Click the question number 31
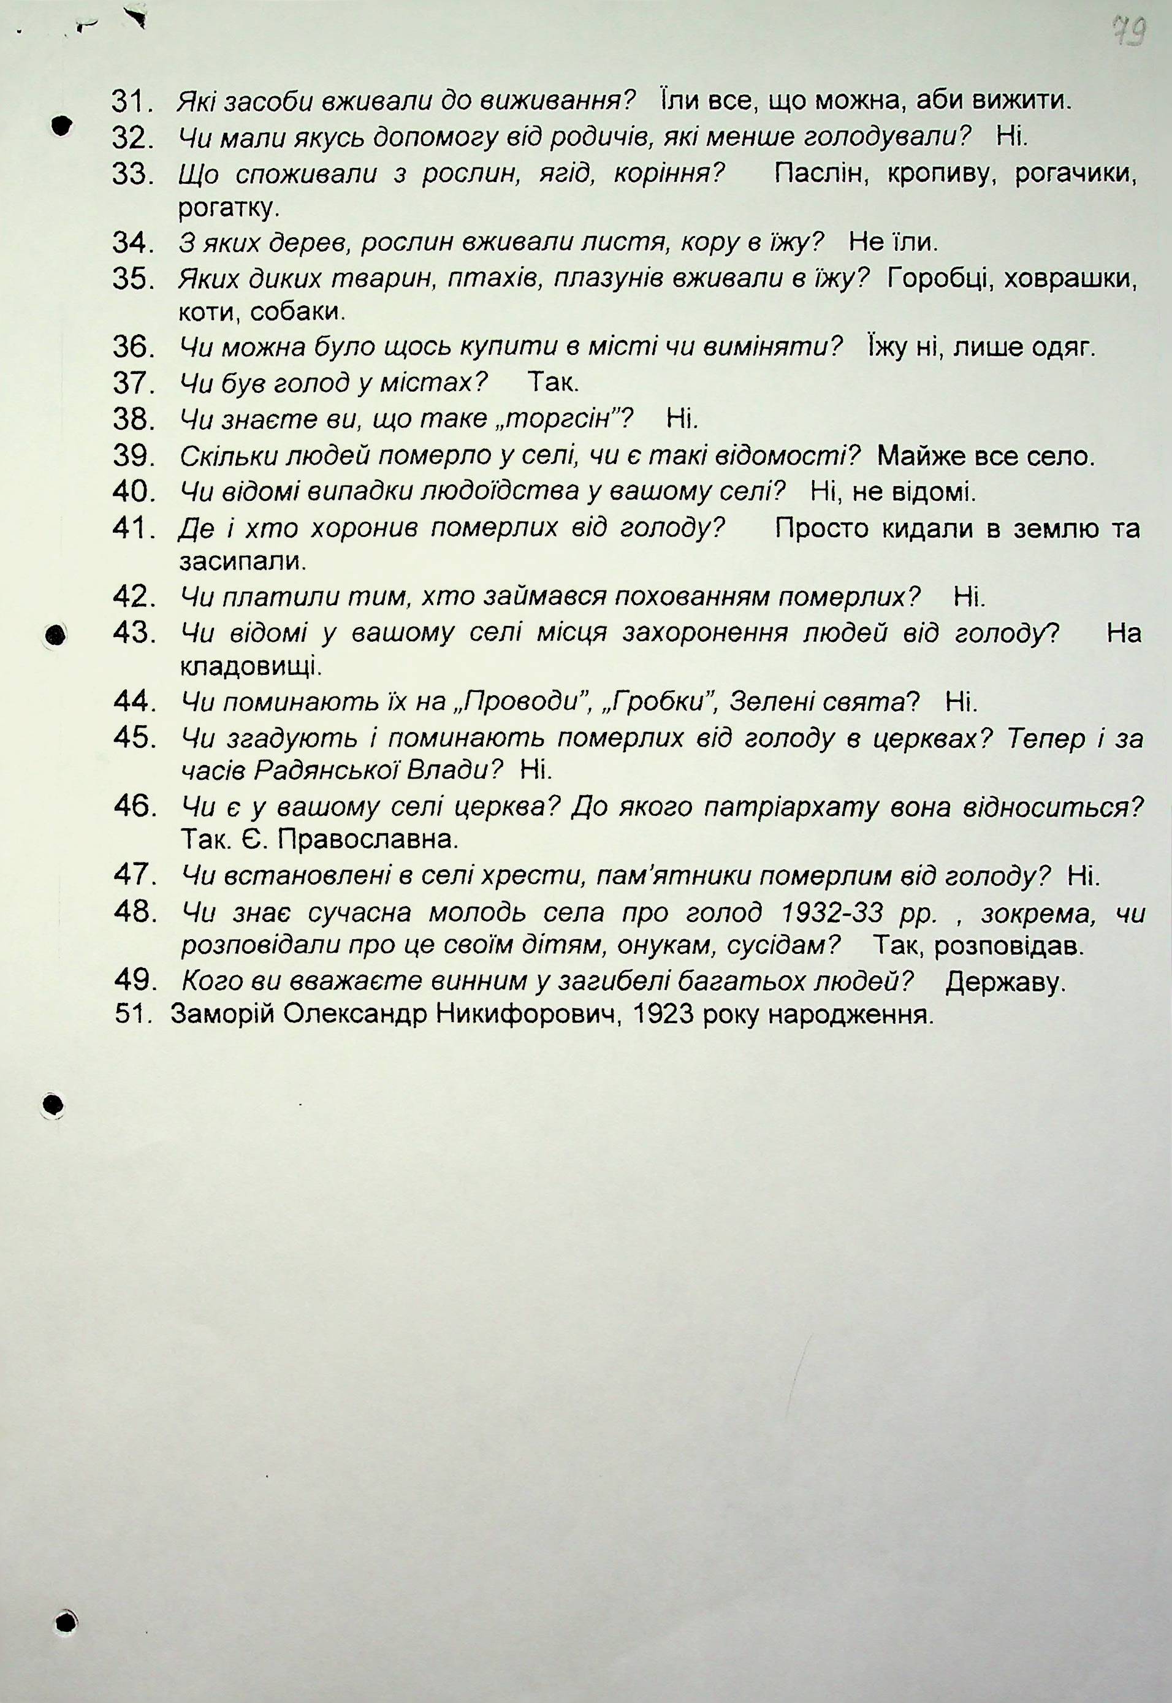130,101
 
